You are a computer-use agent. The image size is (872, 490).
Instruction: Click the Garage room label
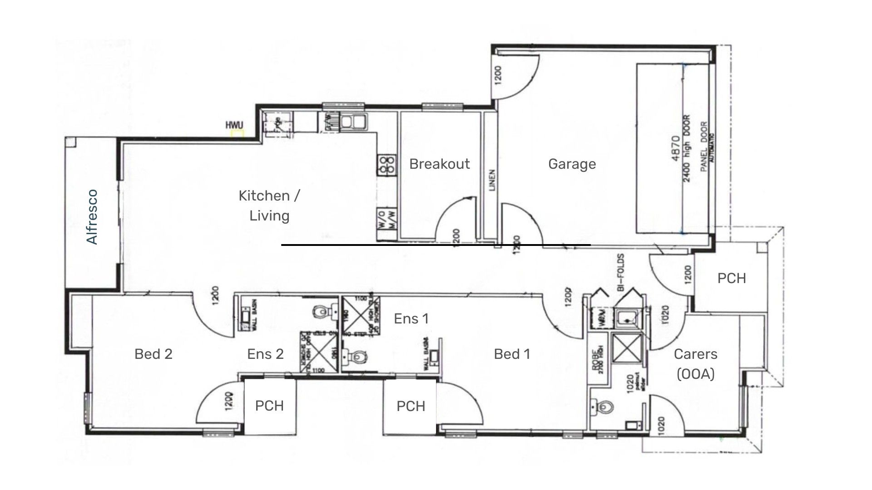tap(572, 164)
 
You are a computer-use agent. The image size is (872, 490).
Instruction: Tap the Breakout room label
tap(439, 164)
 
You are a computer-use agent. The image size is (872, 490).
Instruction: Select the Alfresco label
tap(92, 217)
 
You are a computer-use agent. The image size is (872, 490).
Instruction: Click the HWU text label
tap(234, 125)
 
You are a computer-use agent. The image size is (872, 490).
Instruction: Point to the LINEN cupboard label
tap(492, 180)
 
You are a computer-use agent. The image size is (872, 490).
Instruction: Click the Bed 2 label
tap(154, 354)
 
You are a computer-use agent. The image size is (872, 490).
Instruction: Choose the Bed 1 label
tap(512, 354)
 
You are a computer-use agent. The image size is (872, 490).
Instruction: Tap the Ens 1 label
tap(411, 319)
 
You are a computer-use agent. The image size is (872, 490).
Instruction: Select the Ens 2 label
tap(265, 354)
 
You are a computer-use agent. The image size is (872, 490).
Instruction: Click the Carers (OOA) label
tap(695, 364)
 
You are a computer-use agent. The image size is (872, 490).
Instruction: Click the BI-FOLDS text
tap(621, 272)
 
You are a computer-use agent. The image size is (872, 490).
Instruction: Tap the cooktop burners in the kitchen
tap(386, 165)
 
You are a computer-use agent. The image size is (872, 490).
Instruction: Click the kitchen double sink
tap(353, 122)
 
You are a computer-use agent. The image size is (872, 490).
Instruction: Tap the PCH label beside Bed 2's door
tap(269, 406)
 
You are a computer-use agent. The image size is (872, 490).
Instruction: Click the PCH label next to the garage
tap(731, 278)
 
